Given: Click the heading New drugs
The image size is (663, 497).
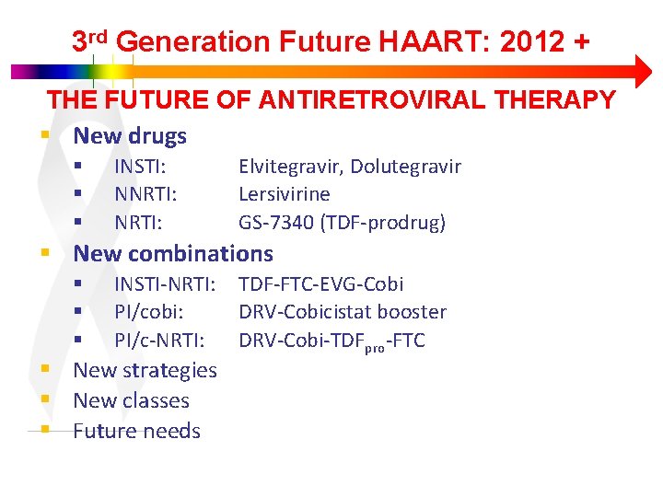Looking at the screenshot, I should (130, 136).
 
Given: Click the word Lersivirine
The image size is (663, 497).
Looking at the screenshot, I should (284, 194).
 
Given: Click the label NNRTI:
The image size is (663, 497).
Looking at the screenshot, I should (145, 194).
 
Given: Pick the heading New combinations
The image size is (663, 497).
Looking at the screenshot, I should (173, 253).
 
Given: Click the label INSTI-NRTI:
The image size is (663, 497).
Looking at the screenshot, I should (165, 284).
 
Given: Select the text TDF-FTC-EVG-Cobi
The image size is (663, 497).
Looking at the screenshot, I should (320, 284).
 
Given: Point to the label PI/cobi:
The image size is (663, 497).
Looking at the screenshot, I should (148, 312).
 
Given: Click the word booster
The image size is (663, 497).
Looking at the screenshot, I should (411, 312).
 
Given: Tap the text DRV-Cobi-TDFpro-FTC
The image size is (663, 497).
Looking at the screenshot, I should (331, 341).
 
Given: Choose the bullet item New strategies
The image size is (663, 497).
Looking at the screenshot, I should (145, 370).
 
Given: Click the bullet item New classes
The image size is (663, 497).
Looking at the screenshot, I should (131, 400).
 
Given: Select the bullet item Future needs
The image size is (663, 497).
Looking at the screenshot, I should (136, 431).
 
